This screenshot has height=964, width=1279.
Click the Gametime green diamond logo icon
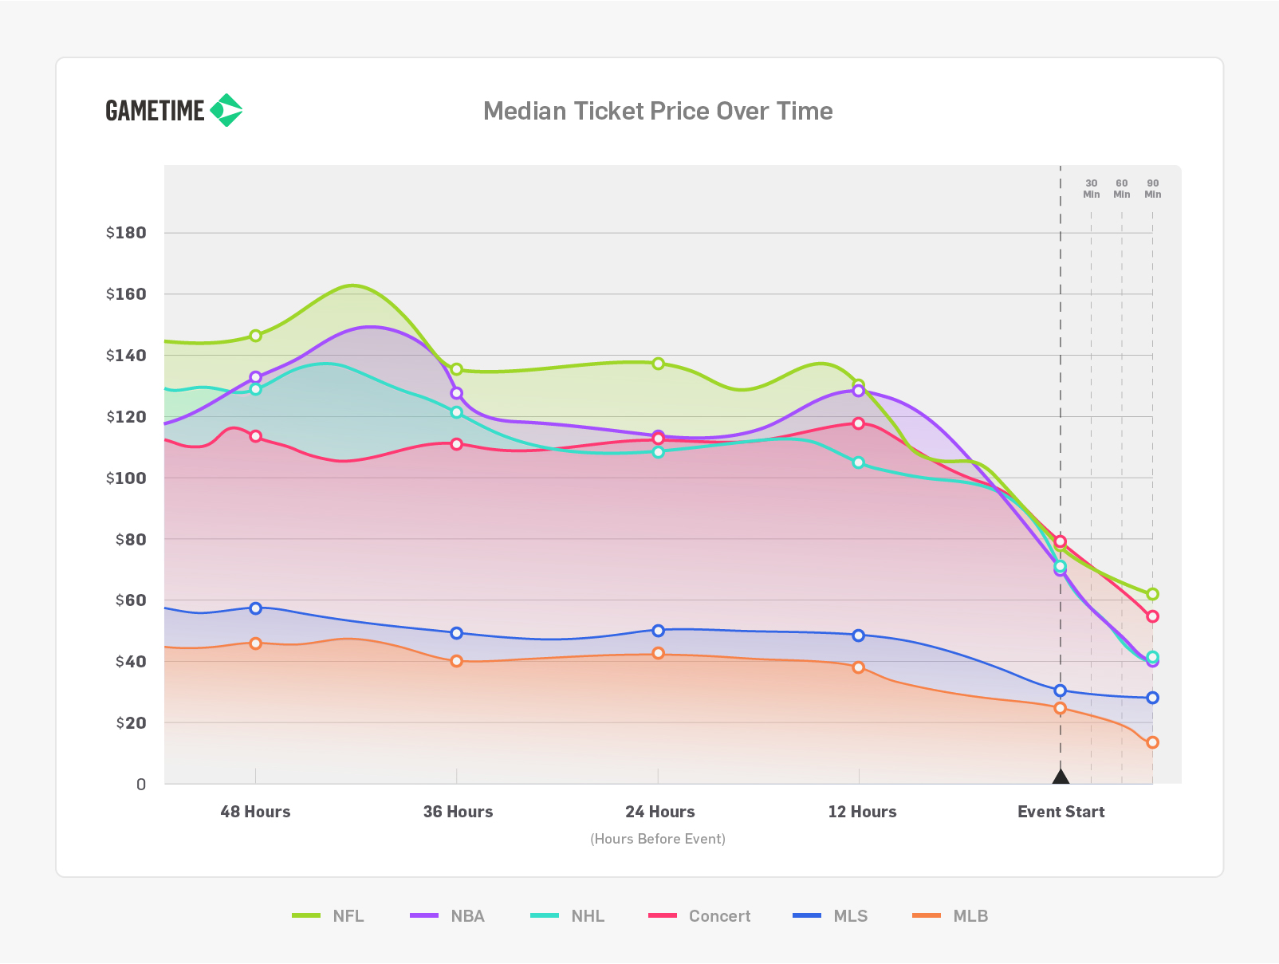point(226,110)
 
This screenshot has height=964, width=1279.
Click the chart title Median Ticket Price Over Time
point(658,111)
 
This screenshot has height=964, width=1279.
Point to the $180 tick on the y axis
point(126,233)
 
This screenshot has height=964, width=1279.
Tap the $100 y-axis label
point(126,478)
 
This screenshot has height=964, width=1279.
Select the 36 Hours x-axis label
point(458,812)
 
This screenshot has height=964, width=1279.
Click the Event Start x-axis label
point(1061,812)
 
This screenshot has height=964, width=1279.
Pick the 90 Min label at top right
point(1152,189)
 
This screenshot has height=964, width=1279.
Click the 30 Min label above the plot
point(1092,189)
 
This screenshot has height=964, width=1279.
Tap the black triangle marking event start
point(1061,777)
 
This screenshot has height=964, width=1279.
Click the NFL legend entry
point(328,915)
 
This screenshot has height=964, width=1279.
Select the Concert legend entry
point(700,915)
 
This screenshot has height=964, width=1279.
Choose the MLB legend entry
point(950,915)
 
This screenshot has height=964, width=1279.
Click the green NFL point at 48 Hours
point(255,336)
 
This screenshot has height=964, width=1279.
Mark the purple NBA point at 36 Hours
point(457,393)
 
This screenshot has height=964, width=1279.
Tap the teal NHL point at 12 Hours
point(858,462)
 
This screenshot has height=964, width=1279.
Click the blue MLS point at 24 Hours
point(659,630)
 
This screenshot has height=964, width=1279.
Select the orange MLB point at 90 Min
point(1152,742)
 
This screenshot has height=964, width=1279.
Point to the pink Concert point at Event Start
point(1061,541)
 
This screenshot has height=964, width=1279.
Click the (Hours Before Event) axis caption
point(658,839)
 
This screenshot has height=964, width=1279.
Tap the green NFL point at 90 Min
point(1152,594)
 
